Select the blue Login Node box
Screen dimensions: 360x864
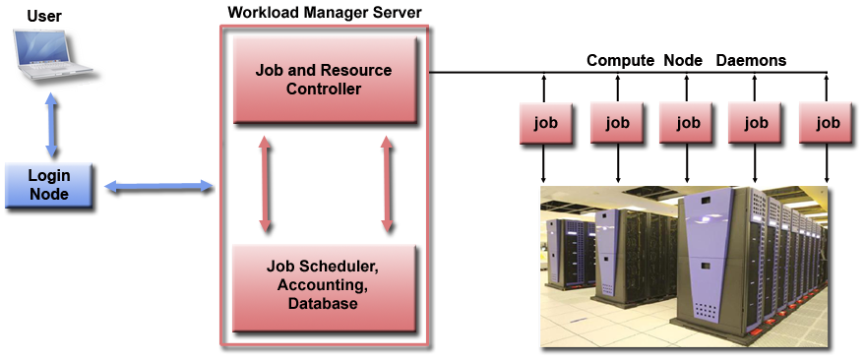coord(49,185)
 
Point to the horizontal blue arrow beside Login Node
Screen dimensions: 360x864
coord(158,186)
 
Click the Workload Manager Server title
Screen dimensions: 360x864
coord(325,13)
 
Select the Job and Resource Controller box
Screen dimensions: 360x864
coord(323,81)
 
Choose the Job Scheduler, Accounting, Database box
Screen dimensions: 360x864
coord(323,286)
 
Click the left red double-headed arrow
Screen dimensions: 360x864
coord(265,184)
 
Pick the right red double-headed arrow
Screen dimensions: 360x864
coord(387,184)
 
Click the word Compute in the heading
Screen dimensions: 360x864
coord(620,61)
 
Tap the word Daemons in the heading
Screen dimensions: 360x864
coord(751,61)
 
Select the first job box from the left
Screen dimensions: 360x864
coord(544,124)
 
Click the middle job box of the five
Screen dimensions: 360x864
coord(687,124)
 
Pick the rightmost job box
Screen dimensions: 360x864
coord(828,124)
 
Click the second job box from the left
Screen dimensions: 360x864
coord(617,124)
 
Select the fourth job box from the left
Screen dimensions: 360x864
coord(755,124)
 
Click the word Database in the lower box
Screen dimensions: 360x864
coord(323,304)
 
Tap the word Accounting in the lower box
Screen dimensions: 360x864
coord(323,285)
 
